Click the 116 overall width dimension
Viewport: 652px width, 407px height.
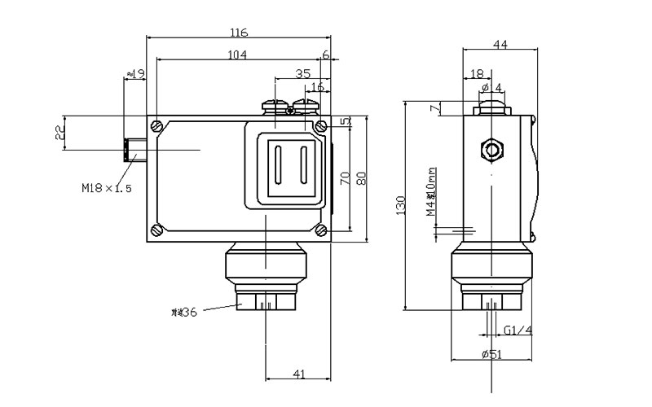pyautogui.click(x=239, y=33)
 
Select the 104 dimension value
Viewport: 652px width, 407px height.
pyautogui.click(x=237, y=55)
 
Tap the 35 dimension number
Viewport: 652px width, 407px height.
pyautogui.click(x=302, y=73)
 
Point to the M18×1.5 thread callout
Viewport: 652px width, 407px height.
pyautogui.click(x=106, y=188)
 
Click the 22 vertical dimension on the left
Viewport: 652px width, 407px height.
pyautogui.click(x=59, y=133)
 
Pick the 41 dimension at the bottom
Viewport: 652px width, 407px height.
pyautogui.click(x=298, y=374)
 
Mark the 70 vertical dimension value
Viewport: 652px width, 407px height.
pyautogui.click(x=345, y=178)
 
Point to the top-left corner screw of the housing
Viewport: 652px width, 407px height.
pyautogui.click(x=156, y=125)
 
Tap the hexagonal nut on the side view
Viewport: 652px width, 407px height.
pyautogui.click(x=491, y=150)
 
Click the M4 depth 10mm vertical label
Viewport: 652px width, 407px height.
pyautogui.click(x=432, y=195)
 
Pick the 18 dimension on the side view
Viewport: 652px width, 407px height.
pyautogui.click(x=478, y=74)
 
